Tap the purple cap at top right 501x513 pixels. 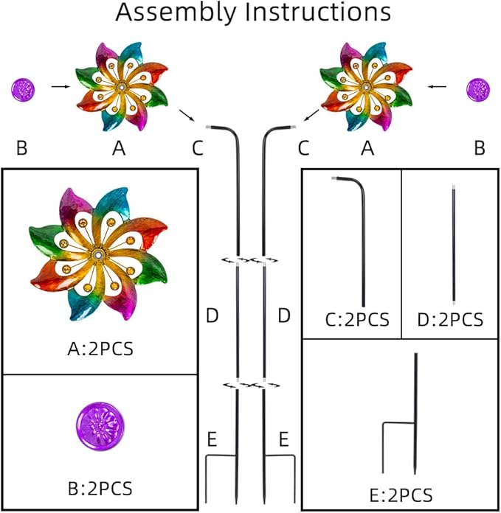pos(478,90)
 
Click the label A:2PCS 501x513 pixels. pos(100,348)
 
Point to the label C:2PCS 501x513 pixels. pos(357,320)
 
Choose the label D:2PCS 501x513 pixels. pos(451,320)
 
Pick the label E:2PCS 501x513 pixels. pos(401,494)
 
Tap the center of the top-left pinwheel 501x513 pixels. pos(120,88)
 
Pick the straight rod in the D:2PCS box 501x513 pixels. pos(452,245)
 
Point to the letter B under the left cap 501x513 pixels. pos(21,148)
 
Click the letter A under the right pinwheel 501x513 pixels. pos(366,148)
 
